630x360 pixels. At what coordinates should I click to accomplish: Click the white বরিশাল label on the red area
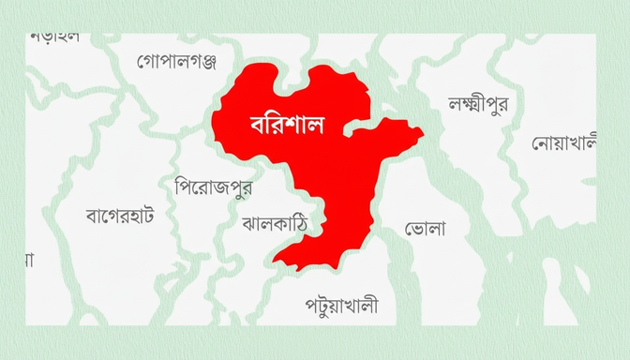coord(288,126)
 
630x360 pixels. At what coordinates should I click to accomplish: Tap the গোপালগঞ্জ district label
coord(177,63)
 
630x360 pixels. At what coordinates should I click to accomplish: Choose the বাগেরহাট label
coord(120,215)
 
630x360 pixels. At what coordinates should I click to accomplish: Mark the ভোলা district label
coord(425,228)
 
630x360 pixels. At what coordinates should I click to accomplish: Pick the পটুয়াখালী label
coord(341,304)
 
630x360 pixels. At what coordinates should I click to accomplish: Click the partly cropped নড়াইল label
coord(53,38)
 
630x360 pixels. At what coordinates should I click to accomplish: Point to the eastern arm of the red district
coord(394,135)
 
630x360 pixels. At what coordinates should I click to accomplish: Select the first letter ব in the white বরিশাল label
coord(260,127)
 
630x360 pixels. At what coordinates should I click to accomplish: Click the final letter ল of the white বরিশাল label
coord(315,127)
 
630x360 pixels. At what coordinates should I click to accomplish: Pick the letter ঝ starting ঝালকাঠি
coord(250,226)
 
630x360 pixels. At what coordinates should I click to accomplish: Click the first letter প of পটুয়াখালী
coord(311,305)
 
